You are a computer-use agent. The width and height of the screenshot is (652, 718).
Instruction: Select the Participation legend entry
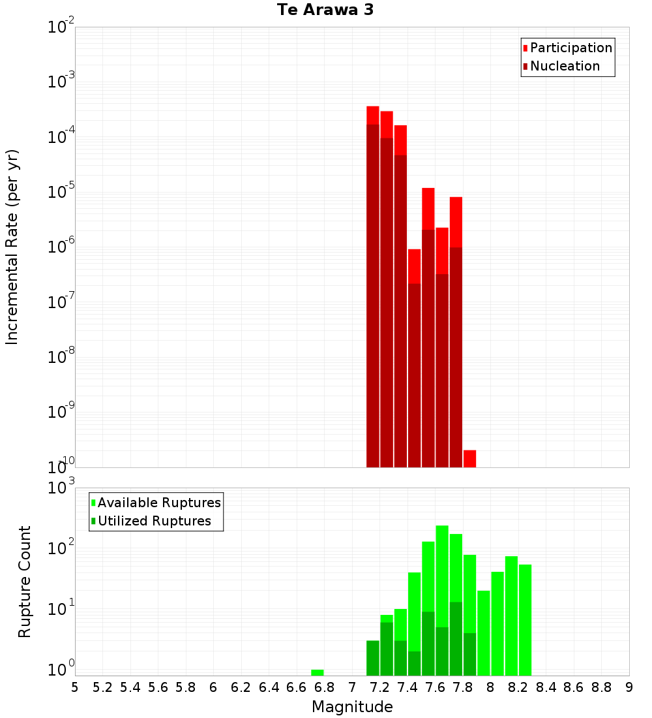(570, 48)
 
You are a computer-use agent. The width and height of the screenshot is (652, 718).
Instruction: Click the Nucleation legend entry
(564, 66)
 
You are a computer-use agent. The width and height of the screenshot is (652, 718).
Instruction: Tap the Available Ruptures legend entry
(158, 503)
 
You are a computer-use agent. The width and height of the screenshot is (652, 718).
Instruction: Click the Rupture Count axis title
(25, 581)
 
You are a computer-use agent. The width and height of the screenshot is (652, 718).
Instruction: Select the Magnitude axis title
(352, 707)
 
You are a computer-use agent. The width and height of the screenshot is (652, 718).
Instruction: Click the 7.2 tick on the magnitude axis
(379, 687)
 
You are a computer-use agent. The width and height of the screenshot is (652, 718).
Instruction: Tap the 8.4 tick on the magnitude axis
(546, 687)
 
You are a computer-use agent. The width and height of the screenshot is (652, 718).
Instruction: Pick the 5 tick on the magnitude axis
(75, 687)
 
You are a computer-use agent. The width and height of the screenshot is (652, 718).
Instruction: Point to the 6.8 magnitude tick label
(324, 687)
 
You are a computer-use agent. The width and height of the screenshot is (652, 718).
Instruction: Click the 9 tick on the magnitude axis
(629, 687)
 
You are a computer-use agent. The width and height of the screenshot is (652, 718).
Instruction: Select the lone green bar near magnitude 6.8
(318, 672)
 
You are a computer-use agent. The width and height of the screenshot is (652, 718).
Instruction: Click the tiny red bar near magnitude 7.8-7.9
(469, 458)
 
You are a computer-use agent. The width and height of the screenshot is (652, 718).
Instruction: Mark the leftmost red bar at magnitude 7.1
(373, 287)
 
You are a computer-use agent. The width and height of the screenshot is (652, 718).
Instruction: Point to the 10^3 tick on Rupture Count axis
(61, 488)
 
